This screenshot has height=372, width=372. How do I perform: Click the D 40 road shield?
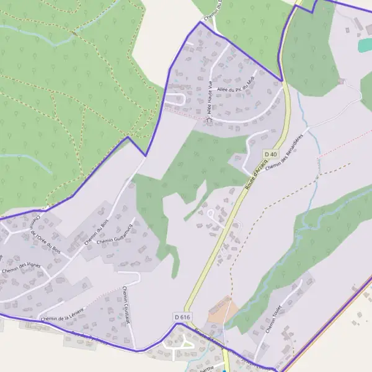270,154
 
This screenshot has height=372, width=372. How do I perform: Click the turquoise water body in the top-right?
365,45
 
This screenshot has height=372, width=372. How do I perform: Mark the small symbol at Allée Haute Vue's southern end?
210,120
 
